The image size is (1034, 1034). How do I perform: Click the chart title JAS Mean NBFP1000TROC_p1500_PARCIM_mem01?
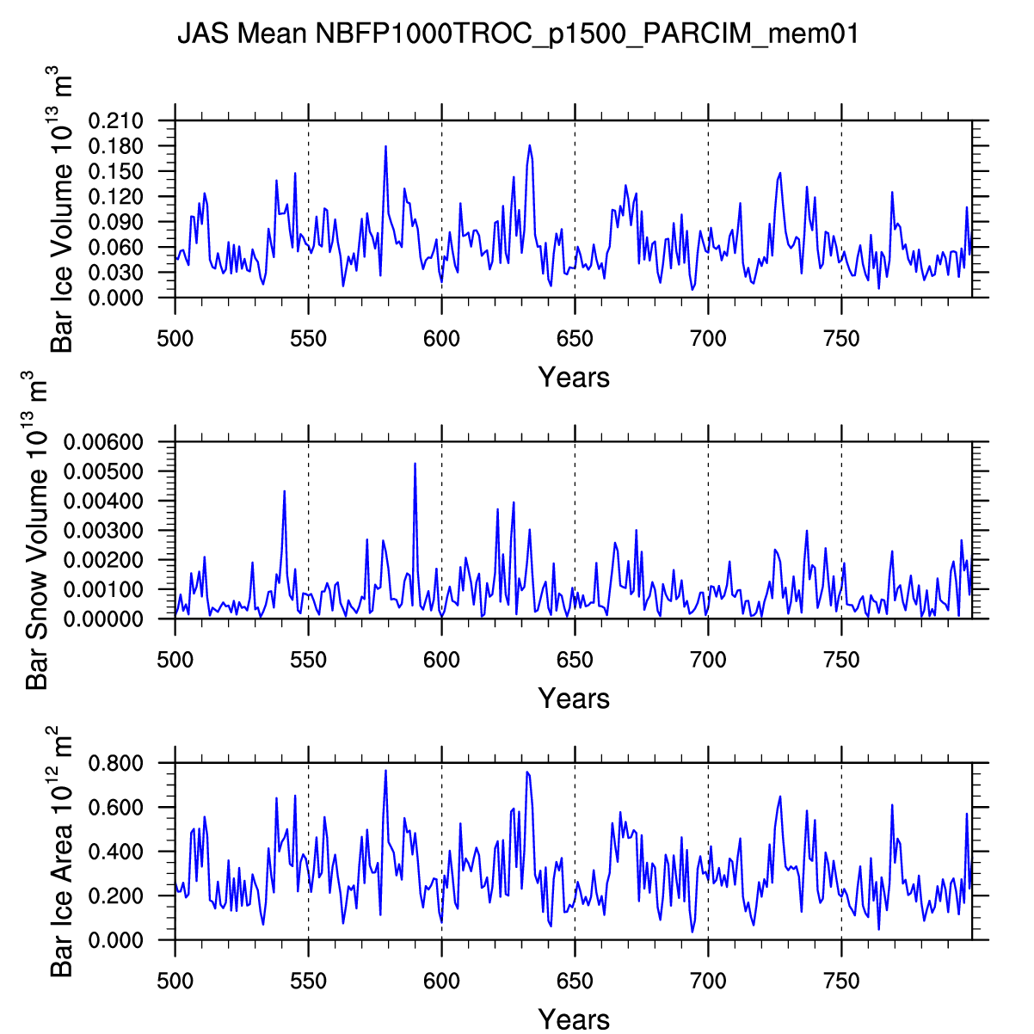[x=518, y=34]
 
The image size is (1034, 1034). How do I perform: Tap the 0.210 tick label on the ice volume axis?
[x=116, y=120]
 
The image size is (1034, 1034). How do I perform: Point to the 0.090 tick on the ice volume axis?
[x=116, y=222]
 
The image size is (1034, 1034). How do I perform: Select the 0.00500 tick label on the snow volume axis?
[x=103, y=471]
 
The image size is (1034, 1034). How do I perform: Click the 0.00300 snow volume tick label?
[x=103, y=531]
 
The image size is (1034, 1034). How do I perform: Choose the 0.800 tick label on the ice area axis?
[x=116, y=763]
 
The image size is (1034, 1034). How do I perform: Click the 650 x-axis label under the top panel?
[x=575, y=339]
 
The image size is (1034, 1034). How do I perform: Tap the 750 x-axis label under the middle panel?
[x=841, y=660]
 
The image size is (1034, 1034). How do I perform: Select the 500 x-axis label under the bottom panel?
[x=175, y=982]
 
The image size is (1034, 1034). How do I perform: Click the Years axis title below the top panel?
[x=574, y=378]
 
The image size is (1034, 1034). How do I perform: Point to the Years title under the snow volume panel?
[x=574, y=699]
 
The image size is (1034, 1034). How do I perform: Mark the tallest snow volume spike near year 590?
[x=415, y=464]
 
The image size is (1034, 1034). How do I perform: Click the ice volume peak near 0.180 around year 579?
[x=385, y=146]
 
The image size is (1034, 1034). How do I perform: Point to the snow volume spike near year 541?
[x=285, y=491]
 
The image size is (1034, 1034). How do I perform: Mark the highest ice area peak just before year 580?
[x=385, y=771]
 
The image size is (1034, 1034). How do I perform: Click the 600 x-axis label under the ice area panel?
[x=441, y=982]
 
